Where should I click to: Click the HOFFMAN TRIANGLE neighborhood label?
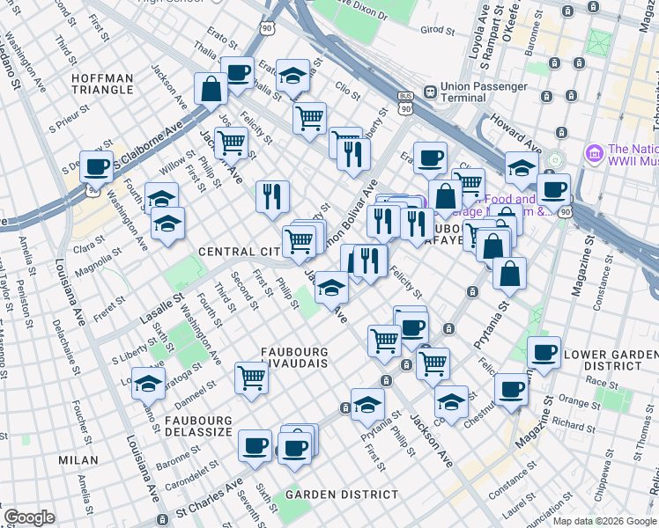tap(102, 85)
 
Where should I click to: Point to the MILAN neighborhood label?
tap(78, 460)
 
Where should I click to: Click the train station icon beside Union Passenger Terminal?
tap(429, 91)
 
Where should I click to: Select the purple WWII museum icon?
tap(594, 154)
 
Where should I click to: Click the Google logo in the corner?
tap(29, 517)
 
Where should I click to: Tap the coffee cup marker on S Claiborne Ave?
tap(96, 165)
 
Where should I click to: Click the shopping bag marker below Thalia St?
tap(211, 88)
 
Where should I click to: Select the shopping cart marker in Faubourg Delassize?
tap(252, 378)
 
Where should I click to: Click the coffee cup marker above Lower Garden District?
tap(544, 352)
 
